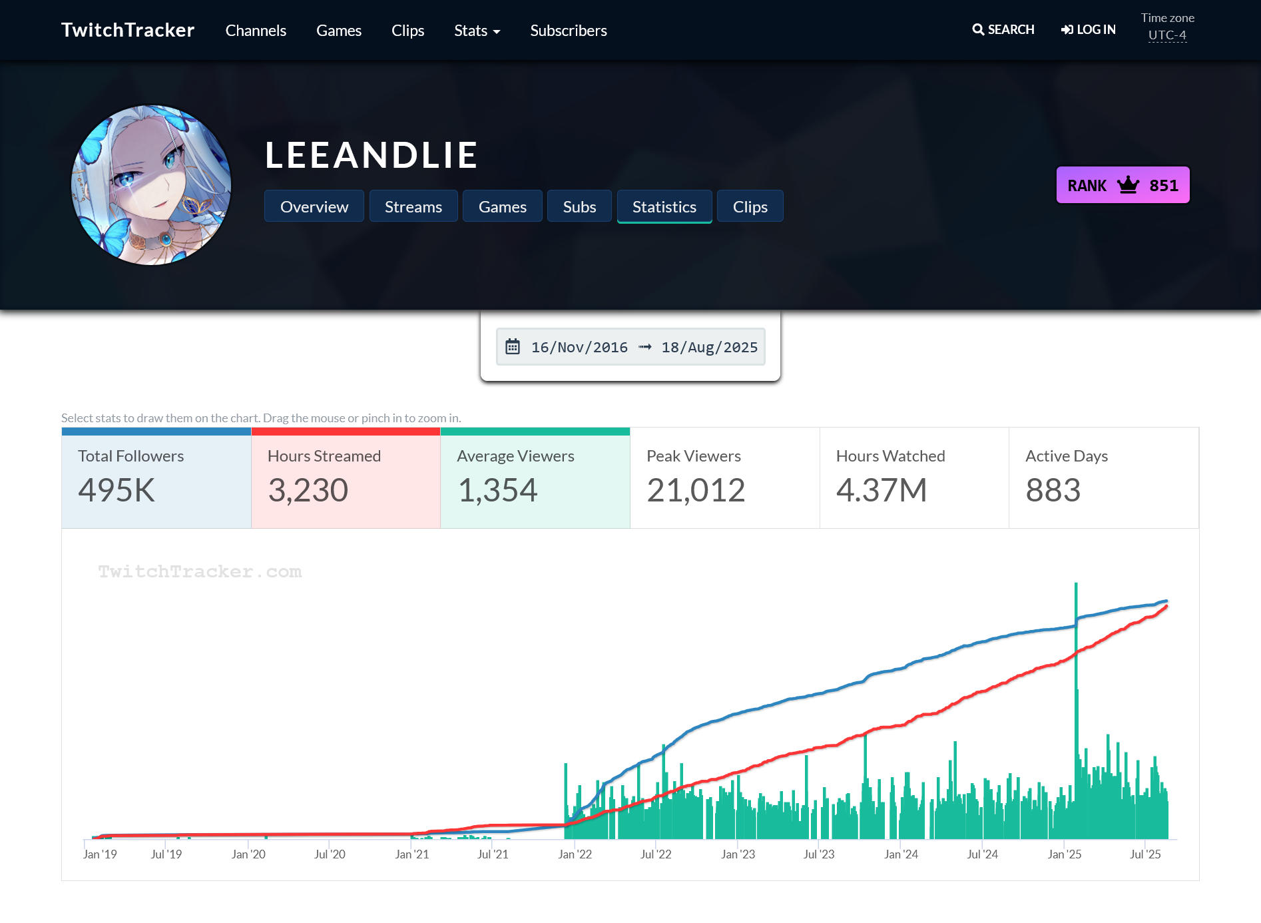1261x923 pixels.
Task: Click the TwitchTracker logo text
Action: click(x=128, y=30)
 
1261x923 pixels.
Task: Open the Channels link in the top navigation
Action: click(x=256, y=31)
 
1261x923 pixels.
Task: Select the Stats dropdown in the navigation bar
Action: click(x=477, y=31)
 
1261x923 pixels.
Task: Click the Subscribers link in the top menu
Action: click(x=569, y=31)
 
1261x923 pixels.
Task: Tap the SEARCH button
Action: click(x=1003, y=30)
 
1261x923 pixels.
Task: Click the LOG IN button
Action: click(x=1089, y=30)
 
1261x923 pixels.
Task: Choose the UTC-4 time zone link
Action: click(x=1167, y=35)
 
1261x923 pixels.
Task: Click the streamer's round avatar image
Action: click(x=152, y=185)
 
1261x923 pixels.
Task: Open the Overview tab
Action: click(x=314, y=206)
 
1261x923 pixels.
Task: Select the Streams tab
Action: click(x=413, y=206)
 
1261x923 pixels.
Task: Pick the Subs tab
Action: click(x=579, y=206)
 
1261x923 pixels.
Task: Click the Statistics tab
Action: click(x=664, y=206)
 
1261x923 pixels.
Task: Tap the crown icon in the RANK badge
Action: click(x=1128, y=185)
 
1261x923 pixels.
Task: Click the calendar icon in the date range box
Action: click(x=513, y=347)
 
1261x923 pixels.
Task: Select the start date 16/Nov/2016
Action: click(x=579, y=348)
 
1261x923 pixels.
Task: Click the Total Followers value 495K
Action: click(x=117, y=491)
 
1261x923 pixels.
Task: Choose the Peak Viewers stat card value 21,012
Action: click(x=696, y=491)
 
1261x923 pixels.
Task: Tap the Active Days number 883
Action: click(x=1053, y=491)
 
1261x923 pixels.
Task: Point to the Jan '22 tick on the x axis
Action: click(x=575, y=854)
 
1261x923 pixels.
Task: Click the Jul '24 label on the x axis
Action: click(x=982, y=854)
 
